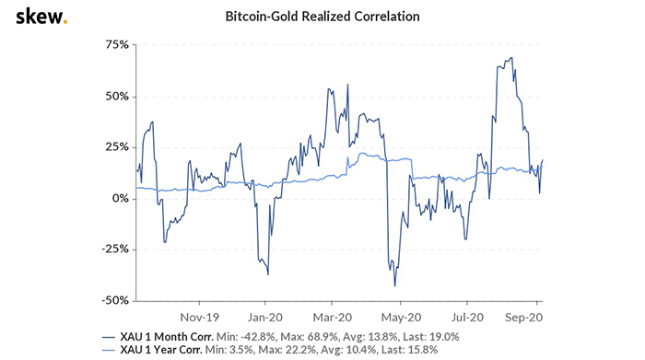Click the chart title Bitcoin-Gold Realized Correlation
(322, 17)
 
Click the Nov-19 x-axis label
(198, 313)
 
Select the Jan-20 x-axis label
(265, 313)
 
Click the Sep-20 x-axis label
(522, 313)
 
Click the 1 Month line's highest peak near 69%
(510, 58)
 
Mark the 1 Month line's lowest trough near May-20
(394, 285)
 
